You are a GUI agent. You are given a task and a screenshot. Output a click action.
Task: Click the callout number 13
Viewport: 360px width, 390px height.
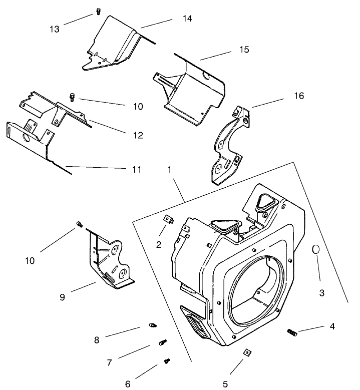click(54, 29)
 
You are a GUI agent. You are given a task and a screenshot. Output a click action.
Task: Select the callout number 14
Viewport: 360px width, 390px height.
click(173, 19)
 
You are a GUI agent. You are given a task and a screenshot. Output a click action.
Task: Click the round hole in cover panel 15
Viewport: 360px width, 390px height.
click(206, 75)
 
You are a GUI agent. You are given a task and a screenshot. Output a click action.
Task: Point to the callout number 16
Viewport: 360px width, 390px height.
click(299, 95)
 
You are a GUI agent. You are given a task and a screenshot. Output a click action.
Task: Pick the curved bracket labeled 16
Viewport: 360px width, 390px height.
click(228, 145)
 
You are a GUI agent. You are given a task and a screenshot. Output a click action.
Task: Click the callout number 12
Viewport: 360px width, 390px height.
click(138, 135)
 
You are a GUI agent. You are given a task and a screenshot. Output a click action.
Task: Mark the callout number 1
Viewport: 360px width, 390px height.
click(170, 169)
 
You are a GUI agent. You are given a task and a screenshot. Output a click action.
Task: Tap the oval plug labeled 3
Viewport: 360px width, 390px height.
click(316, 249)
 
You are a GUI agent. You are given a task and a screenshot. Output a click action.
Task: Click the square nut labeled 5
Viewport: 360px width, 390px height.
click(246, 353)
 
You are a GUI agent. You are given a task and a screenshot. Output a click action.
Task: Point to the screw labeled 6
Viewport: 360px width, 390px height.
click(167, 360)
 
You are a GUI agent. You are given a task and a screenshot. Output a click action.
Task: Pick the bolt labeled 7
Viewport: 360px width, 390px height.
click(162, 343)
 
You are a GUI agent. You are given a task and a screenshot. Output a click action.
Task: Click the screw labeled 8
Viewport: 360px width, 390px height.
click(152, 326)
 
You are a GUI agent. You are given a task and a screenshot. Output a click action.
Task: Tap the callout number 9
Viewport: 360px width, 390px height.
click(62, 297)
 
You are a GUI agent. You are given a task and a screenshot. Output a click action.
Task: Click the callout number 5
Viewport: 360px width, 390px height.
click(225, 384)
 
